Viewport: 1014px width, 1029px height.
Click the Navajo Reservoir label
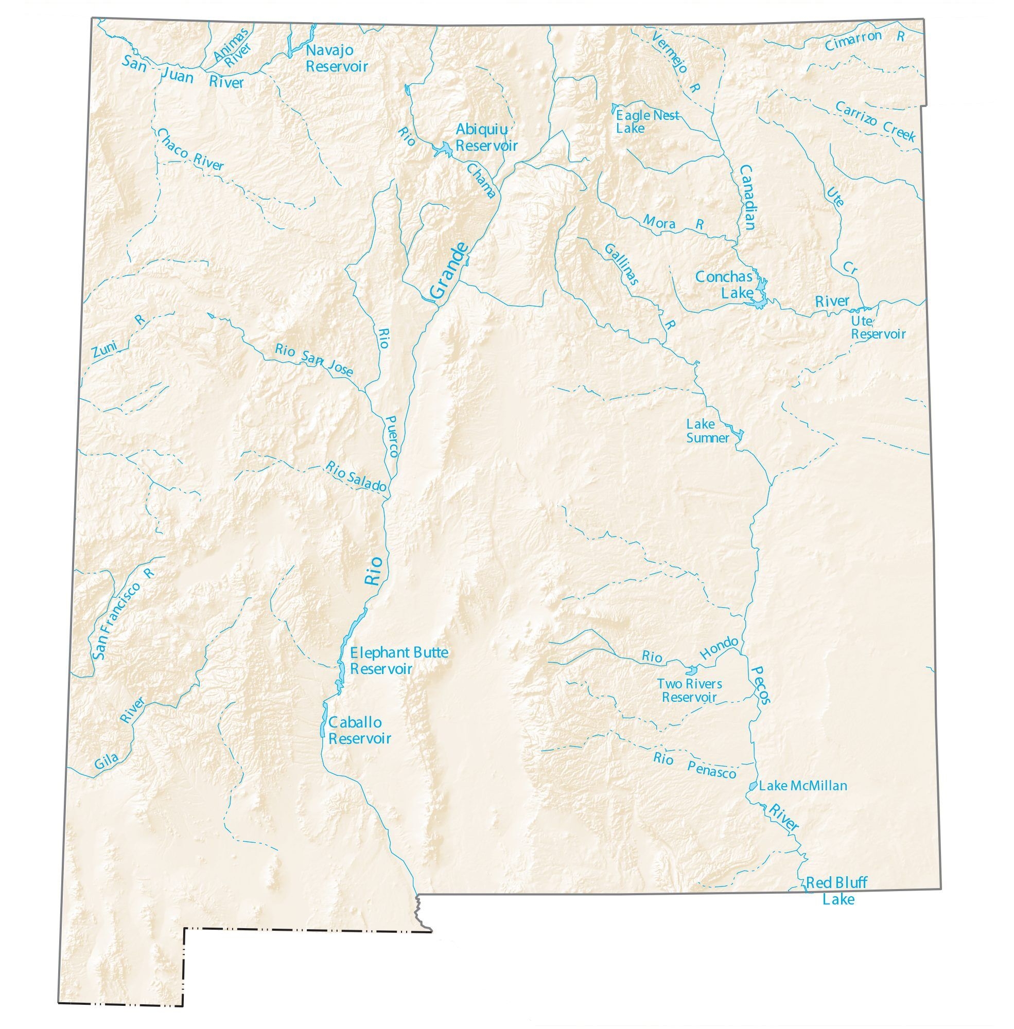click(x=337, y=59)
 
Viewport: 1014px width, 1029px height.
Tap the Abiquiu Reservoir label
click(x=486, y=137)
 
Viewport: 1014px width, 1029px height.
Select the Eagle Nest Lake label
click(x=647, y=121)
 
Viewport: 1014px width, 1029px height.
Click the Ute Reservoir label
click(x=877, y=328)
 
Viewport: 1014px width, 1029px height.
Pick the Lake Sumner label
click(x=707, y=431)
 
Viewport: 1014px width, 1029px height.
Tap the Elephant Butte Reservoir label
click(x=398, y=661)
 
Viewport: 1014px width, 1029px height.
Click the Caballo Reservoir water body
click(x=323, y=720)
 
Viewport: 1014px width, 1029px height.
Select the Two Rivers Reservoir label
click(x=689, y=690)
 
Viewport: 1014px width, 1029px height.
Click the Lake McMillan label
click(x=802, y=786)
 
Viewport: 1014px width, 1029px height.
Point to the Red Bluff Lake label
click(x=836, y=891)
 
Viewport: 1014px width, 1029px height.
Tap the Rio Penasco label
click(x=695, y=765)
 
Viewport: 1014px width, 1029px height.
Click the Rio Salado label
click(x=356, y=476)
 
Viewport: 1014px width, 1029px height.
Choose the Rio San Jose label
click(x=313, y=359)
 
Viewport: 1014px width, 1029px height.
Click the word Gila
click(x=106, y=762)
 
